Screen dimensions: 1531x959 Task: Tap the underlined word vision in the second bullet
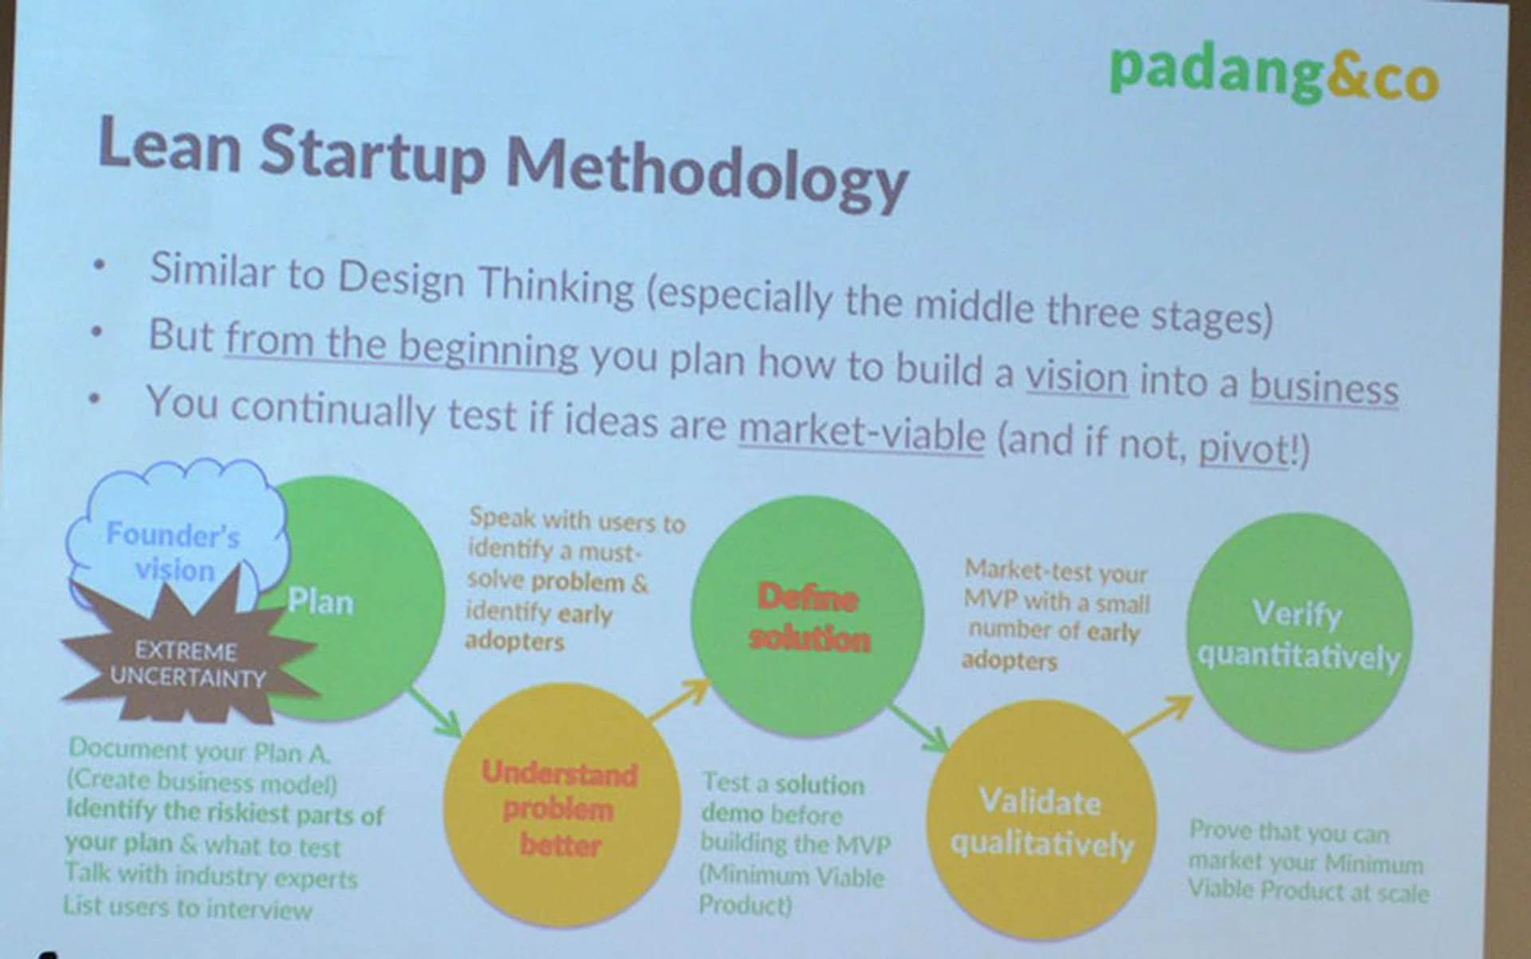pos(1076,375)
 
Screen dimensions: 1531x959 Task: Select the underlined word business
pos(1324,387)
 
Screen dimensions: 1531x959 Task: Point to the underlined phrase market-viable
pos(862,432)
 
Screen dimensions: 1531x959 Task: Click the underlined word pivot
pos(1243,448)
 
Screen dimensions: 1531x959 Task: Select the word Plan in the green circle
pos(320,602)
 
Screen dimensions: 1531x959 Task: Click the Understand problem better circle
pos(561,806)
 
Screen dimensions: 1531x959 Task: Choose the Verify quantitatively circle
pos(1299,632)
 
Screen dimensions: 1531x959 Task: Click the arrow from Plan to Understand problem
pos(435,712)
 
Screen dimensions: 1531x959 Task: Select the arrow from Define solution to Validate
pos(919,727)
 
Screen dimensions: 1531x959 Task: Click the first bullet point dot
pos(98,266)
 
